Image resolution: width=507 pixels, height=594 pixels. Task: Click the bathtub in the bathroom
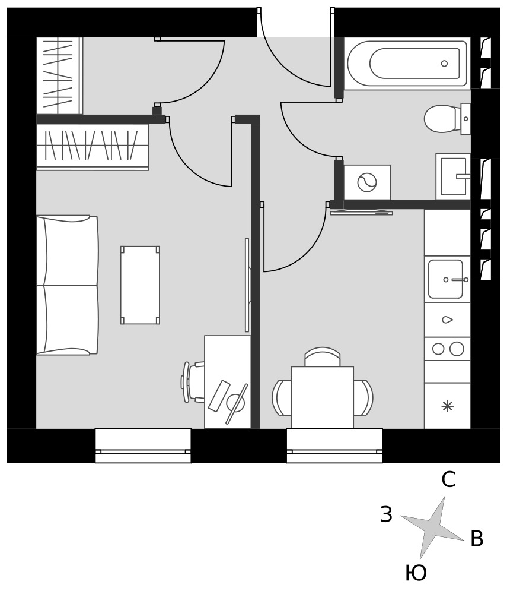coord(407,64)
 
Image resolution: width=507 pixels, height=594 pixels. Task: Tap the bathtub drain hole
coord(445,64)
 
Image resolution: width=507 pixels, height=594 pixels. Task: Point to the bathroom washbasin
coord(453,176)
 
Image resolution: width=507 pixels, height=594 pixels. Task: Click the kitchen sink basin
coord(446,279)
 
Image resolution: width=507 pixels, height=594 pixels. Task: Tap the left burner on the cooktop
coord(438,349)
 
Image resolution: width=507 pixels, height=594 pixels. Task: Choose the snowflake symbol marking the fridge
coord(448,406)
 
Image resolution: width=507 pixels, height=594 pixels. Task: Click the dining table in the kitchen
coord(323,397)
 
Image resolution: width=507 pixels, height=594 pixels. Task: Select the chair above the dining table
coord(323,357)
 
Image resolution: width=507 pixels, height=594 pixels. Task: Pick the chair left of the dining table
coord(282,397)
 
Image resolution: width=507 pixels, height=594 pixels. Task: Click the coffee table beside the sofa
coord(140,285)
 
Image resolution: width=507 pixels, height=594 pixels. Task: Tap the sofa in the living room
coord(67,285)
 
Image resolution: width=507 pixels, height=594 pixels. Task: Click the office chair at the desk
coord(193,382)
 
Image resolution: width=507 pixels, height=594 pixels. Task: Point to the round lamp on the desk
coord(236,403)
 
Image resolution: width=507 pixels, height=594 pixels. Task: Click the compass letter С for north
coord(448,479)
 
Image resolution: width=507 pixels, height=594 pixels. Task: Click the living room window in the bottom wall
coord(143,446)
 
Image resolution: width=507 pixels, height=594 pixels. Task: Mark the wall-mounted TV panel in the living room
coord(247,285)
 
